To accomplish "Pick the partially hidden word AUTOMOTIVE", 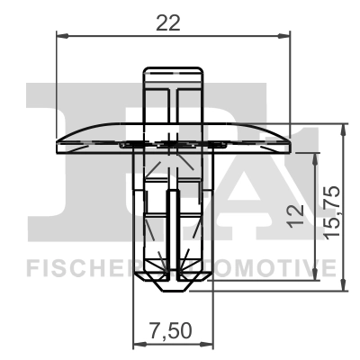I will pyautogui.click(x=270, y=267).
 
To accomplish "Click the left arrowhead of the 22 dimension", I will pyautogui.click(x=59, y=37).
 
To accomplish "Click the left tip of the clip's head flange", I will pyautogui.click(x=58, y=142).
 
